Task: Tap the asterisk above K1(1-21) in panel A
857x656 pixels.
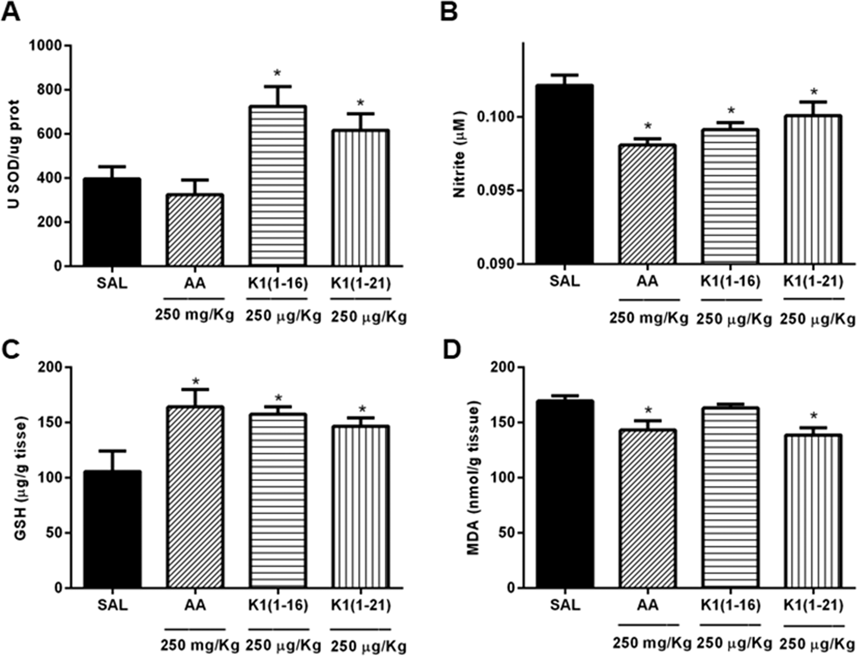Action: [x=360, y=103]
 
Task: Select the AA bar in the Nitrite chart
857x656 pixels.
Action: [x=647, y=204]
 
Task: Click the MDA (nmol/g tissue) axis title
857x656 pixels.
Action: [x=474, y=478]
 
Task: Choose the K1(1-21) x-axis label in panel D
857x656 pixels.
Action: [x=813, y=605]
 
